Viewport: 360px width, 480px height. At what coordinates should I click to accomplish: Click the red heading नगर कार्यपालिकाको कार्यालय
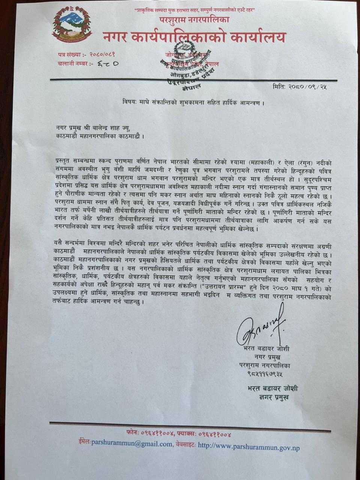(x=194, y=37)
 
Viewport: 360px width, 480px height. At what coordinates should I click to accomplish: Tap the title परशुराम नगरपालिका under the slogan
(x=194, y=19)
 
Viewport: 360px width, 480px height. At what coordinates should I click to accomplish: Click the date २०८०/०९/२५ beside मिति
(x=307, y=87)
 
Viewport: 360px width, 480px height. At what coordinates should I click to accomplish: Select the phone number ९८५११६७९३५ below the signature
(x=265, y=374)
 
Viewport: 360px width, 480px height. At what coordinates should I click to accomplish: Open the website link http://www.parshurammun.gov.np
(x=249, y=447)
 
